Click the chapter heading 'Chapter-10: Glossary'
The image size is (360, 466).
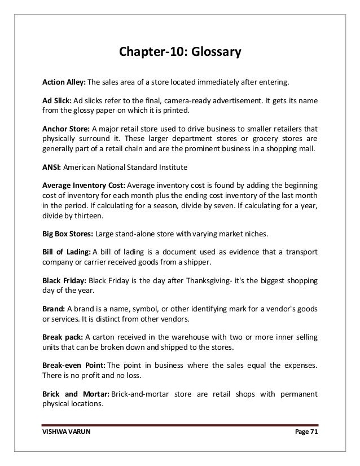pos(179,54)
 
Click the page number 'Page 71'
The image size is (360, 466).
pos(303,431)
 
